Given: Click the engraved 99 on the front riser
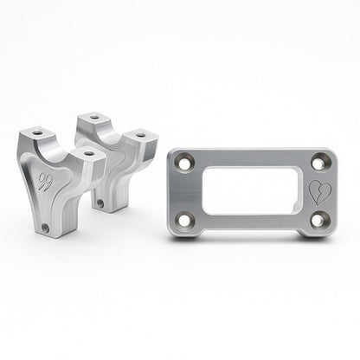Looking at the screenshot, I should point(44,183).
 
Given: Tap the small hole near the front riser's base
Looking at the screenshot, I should point(44,228).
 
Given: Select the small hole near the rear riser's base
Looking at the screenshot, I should point(100,205).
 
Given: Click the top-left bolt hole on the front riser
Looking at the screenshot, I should point(37,135).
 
